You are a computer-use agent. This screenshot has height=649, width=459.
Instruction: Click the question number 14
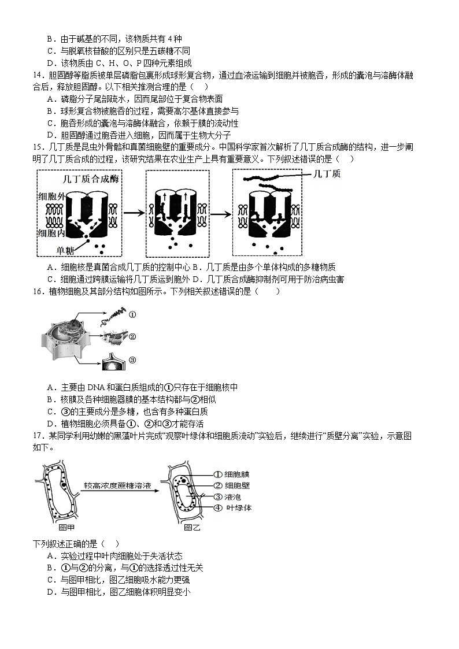38,76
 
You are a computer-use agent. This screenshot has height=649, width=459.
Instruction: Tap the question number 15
38,147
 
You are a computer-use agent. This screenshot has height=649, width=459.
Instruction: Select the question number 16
38,292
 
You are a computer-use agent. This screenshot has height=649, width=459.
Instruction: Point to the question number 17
38,437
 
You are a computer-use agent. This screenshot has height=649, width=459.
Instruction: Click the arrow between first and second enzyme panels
134,213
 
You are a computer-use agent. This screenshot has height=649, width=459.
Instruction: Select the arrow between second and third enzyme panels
220,213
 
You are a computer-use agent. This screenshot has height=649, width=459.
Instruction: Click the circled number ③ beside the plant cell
132,360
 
